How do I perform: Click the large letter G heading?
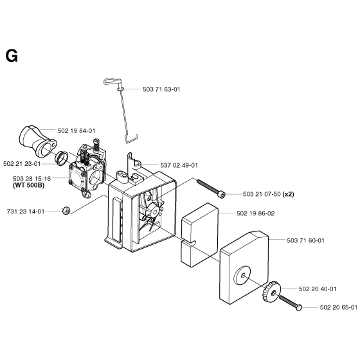coord(12,57)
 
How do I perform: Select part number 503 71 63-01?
coord(161,89)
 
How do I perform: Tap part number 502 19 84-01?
coord(76,131)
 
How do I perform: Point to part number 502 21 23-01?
coord(22,164)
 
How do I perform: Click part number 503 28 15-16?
coord(32,179)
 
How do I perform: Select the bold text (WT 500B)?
coord(28,185)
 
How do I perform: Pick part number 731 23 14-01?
coord(26,212)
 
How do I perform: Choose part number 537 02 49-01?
coord(179,165)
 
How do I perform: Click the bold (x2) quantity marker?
coord(289,194)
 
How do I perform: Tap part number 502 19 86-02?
coord(256,213)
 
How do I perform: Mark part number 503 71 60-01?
coord(305,240)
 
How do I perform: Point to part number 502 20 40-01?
coord(318,289)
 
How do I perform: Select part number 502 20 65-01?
coord(339,307)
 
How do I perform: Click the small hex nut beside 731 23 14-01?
coord(66,211)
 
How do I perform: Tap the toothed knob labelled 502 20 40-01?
coord(271,292)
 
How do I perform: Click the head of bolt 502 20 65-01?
coord(299,308)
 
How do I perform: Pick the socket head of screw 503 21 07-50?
coord(222,195)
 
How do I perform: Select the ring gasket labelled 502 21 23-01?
coord(62,158)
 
